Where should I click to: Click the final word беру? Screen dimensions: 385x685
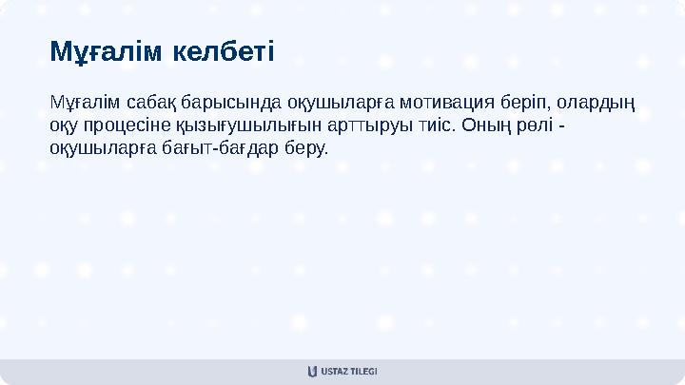[305, 149]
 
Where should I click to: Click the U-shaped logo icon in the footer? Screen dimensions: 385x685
[312, 371]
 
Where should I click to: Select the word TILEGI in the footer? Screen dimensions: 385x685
[363, 371]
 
